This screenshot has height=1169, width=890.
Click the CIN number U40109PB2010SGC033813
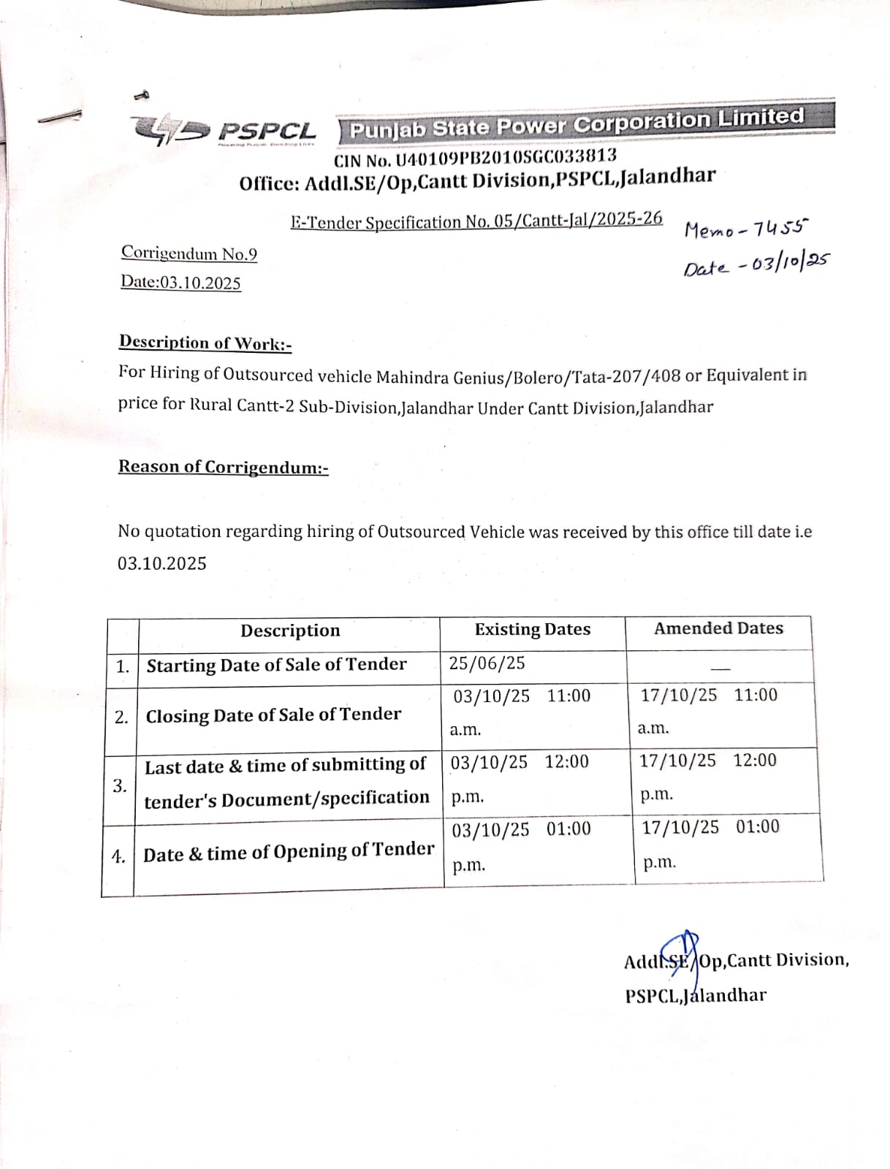pos(475,157)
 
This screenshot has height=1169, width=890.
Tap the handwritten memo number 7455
pos(780,229)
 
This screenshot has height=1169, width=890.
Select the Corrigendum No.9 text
pos(189,254)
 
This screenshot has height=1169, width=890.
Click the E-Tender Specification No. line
pos(476,221)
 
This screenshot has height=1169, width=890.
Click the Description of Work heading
pos(205,343)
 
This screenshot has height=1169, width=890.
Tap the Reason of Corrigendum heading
pos(223,467)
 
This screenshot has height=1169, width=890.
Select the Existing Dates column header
pos(533,629)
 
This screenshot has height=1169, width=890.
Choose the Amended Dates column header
pos(718,628)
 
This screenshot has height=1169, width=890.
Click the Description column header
pos(290,631)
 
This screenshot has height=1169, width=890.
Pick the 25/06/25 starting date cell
pos(487,663)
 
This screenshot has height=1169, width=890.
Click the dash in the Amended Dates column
pos(721,668)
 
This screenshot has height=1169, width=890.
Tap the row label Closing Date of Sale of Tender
pos(273,715)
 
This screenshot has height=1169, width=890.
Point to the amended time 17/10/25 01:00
pos(710,827)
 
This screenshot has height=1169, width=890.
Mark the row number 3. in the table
pos(120,785)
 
